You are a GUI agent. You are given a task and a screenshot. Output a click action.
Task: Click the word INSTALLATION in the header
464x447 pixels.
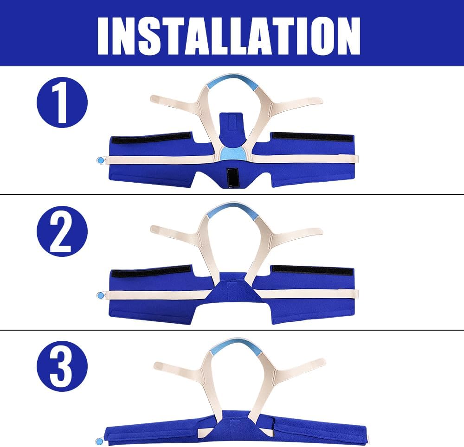click(x=229, y=36)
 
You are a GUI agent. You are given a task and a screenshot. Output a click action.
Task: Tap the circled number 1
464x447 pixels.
click(x=62, y=102)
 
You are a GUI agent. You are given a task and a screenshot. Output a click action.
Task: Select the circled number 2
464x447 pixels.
click(x=62, y=231)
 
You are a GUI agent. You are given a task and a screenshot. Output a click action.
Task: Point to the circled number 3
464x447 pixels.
click(x=62, y=366)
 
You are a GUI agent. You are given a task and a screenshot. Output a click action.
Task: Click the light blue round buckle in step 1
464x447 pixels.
click(x=101, y=160)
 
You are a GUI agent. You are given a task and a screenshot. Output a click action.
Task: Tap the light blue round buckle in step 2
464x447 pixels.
click(x=101, y=295)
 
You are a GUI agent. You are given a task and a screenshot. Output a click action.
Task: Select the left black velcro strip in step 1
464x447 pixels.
click(x=151, y=138)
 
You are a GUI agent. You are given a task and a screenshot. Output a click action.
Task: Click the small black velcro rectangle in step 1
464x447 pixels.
click(x=232, y=178)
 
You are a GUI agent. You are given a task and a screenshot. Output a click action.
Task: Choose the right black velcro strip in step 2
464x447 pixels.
click(x=312, y=270)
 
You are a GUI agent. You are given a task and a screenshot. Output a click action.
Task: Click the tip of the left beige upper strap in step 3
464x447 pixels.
click(x=155, y=366)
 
